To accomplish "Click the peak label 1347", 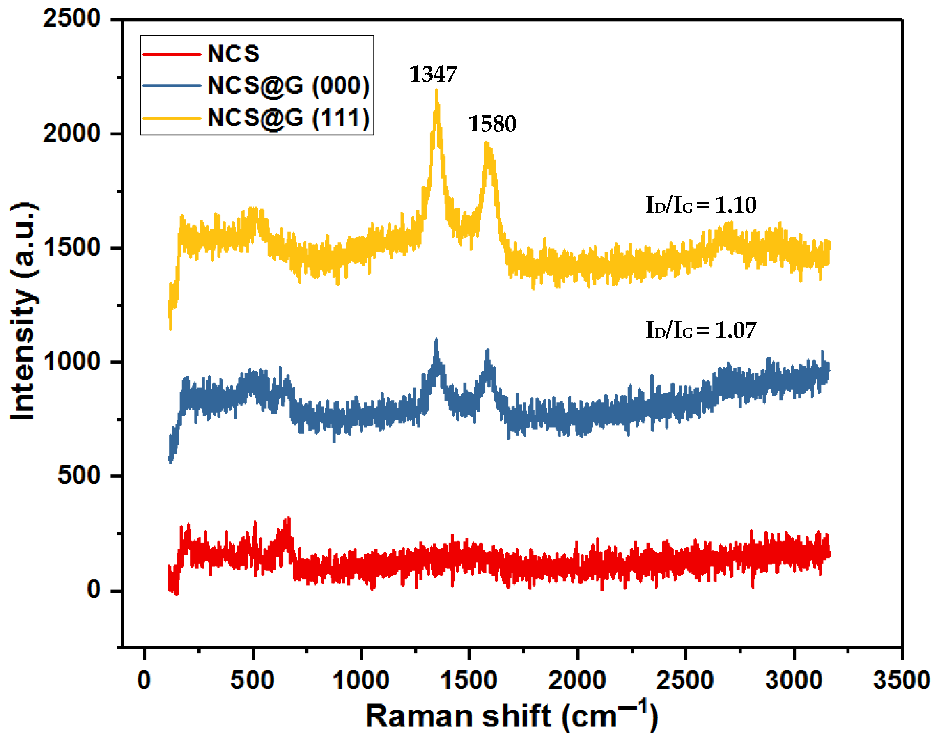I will pos(433,74).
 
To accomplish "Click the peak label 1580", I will pos(492,124).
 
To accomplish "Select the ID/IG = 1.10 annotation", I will pos(700,204).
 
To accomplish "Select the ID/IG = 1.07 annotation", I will pos(700,330).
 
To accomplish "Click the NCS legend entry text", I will pos(234,54).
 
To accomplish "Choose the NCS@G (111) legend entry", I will pos(288,117).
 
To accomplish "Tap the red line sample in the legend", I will pos(172,54).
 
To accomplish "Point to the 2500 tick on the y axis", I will pos(71,19).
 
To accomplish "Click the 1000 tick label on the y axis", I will pos(71,361).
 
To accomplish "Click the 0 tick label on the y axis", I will pos(93,590).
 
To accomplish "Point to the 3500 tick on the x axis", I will pos(901,680).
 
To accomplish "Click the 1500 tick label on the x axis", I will pos(468,680).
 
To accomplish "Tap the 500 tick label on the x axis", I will pos(253,680).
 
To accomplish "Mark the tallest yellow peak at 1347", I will pos(436,90).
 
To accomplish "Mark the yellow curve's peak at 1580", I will pos(487,143).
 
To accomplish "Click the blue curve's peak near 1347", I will pos(436,339).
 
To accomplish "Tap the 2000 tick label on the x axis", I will pos(577,680).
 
